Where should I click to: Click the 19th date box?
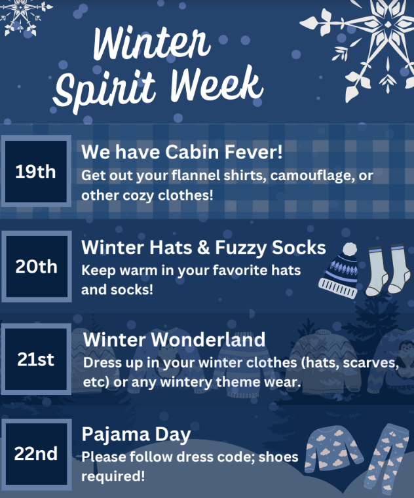[x=36, y=171]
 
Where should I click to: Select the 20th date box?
[x=37, y=267]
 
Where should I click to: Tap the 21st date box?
[x=36, y=359]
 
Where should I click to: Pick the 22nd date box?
[x=36, y=454]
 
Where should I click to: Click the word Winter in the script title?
[x=152, y=42]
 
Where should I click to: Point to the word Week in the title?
[x=217, y=84]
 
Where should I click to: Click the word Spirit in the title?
[x=105, y=90]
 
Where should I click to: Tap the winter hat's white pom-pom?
[x=350, y=249]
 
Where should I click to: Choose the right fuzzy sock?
[x=398, y=269]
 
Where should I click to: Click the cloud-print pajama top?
[x=333, y=450]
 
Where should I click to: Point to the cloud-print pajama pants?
[x=386, y=459]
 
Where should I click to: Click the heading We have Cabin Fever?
[x=182, y=151]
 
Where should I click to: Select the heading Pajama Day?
[x=136, y=434]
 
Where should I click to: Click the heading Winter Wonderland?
[x=174, y=339]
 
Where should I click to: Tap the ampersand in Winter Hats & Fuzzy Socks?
[x=203, y=247]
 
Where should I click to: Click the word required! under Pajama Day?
[x=113, y=476]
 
